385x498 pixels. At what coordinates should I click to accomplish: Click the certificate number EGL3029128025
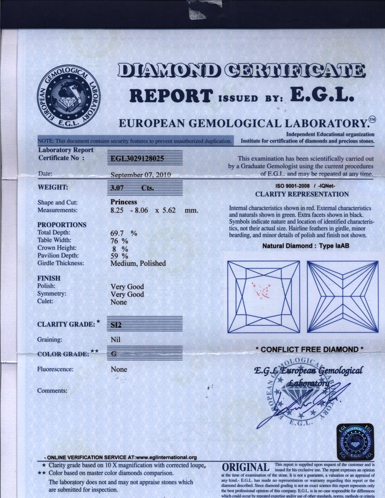pos(137,158)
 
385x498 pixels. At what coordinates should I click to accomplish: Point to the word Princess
pos(124,202)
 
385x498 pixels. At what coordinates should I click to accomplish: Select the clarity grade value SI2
pos(116,324)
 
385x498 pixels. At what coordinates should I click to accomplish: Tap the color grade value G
pos(115,354)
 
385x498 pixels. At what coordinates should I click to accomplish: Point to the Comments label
pos(52,390)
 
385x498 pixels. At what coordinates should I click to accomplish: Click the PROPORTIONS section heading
pos(62,225)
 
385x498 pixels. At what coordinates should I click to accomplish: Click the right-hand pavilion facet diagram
pos(343,296)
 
